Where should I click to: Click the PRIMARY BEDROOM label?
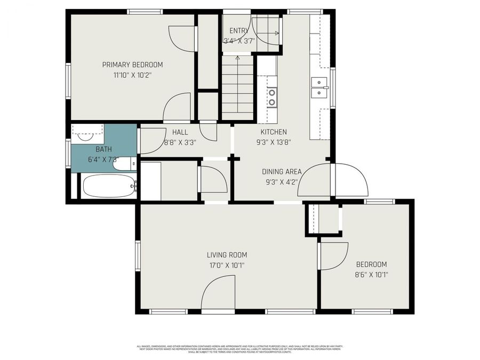[132, 65]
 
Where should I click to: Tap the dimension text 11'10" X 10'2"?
[132, 76]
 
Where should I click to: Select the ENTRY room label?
[238, 31]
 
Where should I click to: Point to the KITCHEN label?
[274, 132]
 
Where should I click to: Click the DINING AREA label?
[282, 172]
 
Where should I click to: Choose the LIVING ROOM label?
[227, 255]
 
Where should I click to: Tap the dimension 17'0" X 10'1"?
[227, 265]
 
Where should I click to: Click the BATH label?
[104, 149]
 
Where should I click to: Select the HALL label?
[180, 132]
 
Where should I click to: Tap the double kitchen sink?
[319, 88]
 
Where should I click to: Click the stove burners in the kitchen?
[271, 97]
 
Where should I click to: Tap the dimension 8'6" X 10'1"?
[372, 275]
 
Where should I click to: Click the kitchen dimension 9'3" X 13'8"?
[274, 142]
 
